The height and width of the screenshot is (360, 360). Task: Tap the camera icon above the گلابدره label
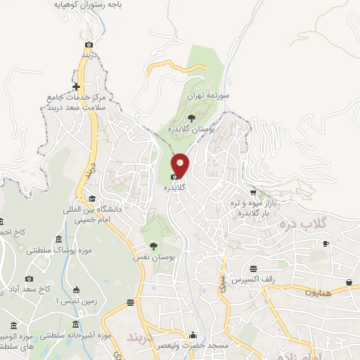[174, 177]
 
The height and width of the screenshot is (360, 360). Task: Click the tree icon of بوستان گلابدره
[192, 117]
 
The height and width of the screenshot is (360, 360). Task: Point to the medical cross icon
[77, 87]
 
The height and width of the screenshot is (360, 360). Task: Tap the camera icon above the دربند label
[89, 44]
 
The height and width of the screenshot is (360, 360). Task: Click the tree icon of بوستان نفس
[153, 245]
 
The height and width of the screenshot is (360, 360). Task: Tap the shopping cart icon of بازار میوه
[253, 193]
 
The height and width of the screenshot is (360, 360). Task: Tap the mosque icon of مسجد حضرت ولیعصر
[193, 335]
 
